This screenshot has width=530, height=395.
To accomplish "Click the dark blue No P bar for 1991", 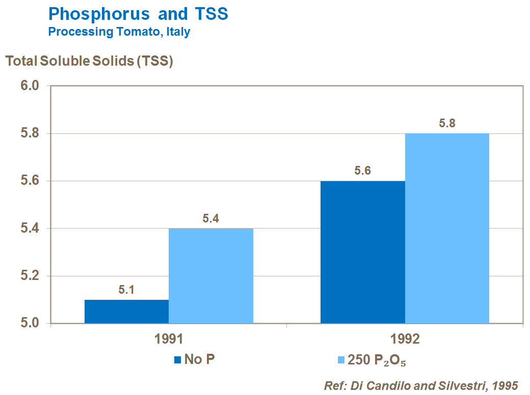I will (x=126, y=312).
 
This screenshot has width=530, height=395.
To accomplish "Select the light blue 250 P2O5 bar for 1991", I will (x=211, y=275).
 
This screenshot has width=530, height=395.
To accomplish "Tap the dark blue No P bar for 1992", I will (x=362, y=252).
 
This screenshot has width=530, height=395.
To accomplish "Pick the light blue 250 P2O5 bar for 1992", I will (x=447, y=228).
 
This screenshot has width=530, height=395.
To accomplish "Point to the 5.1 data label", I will (x=126, y=291).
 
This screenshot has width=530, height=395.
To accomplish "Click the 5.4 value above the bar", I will (x=210, y=219).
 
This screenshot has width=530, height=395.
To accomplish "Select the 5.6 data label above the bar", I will (x=362, y=171).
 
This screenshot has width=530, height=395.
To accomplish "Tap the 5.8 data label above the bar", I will (x=447, y=123).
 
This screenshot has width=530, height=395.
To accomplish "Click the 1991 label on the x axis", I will (x=169, y=340).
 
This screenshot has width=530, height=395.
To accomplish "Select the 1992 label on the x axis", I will (x=405, y=340).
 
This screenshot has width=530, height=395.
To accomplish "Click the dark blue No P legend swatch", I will (x=178, y=360).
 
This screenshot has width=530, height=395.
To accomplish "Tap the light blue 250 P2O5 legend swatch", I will (x=341, y=360).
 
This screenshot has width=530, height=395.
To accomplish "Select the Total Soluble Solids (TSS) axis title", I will (x=90, y=61).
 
